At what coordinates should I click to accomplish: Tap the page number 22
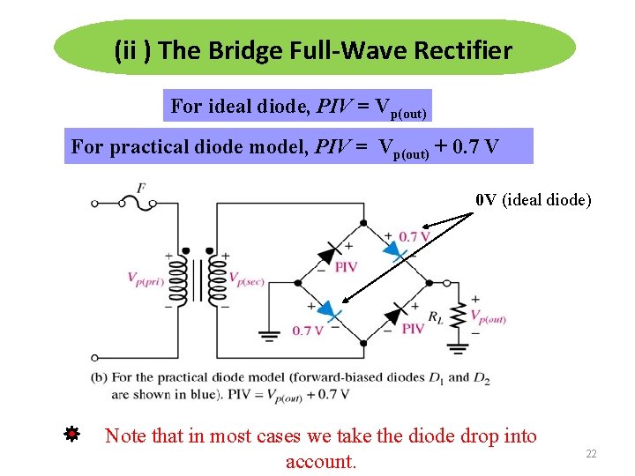coord(591,453)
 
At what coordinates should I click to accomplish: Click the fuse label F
coord(141,188)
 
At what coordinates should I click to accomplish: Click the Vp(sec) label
coord(248,279)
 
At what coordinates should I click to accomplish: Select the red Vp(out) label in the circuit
coord(488,317)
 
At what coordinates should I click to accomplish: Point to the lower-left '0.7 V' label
coord(308,331)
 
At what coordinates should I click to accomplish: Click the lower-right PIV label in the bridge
coord(413,328)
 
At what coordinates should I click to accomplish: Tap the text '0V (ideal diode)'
coord(533,199)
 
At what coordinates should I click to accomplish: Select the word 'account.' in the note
coord(321,461)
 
